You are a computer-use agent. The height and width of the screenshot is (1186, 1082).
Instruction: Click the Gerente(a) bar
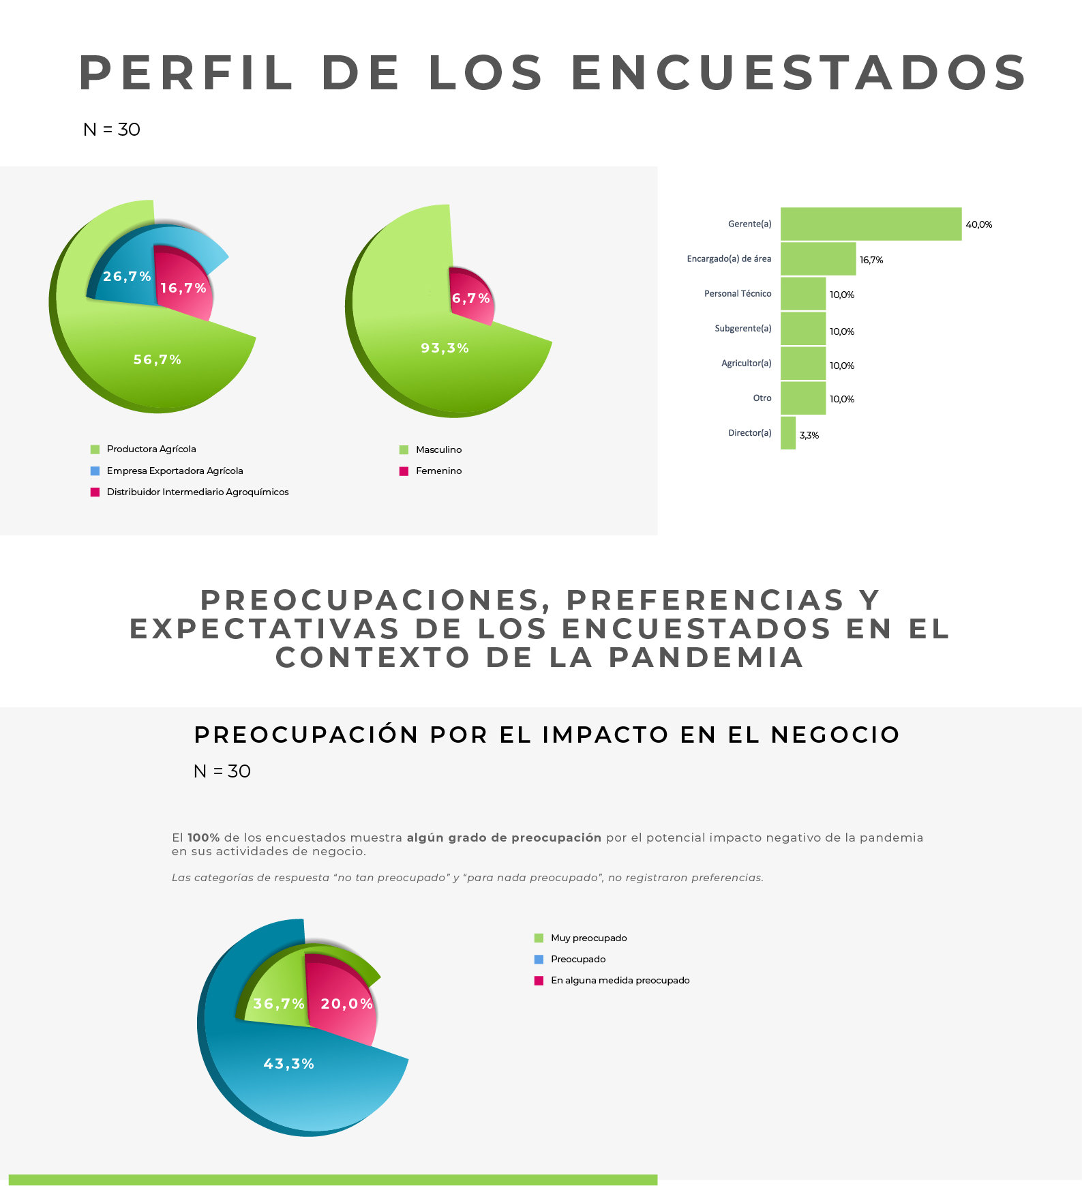coord(871,224)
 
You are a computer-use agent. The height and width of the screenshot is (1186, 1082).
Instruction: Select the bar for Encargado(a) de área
coord(818,258)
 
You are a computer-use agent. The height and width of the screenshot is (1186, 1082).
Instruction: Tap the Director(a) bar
coord(788,433)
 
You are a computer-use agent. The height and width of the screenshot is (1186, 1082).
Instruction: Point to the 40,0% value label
coord(979,224)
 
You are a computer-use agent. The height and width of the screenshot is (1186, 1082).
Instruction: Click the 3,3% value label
coord(809,435)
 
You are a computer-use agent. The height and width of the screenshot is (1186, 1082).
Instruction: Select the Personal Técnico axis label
coord(738,293)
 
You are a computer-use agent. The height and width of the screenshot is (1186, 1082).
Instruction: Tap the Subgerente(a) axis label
coord(743,328)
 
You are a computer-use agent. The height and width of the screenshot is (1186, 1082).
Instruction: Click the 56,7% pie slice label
coord(157,359)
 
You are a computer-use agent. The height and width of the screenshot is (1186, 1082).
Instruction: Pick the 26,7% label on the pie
coord(127,276)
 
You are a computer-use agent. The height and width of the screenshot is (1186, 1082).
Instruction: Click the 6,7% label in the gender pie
coord(471,298)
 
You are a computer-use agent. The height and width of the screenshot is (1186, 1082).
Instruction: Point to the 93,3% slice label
coord(445,348)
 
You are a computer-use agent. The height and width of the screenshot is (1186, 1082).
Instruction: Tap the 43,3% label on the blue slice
coord(289,1064)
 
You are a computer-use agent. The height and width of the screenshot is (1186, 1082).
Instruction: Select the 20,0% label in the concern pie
coord(347,1004)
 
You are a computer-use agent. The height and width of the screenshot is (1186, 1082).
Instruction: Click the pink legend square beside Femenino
coord(404,471)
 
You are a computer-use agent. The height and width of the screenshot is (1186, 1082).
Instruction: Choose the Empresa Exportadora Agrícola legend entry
coord(175,471)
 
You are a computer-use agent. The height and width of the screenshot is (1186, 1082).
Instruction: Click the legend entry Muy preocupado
coord(588,938)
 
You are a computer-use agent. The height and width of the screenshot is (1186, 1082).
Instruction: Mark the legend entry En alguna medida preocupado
coord(620,980)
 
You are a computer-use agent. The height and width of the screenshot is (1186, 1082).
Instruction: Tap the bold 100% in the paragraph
coord(204,837)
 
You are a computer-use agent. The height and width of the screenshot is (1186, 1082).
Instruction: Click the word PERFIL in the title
coord(185,73)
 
